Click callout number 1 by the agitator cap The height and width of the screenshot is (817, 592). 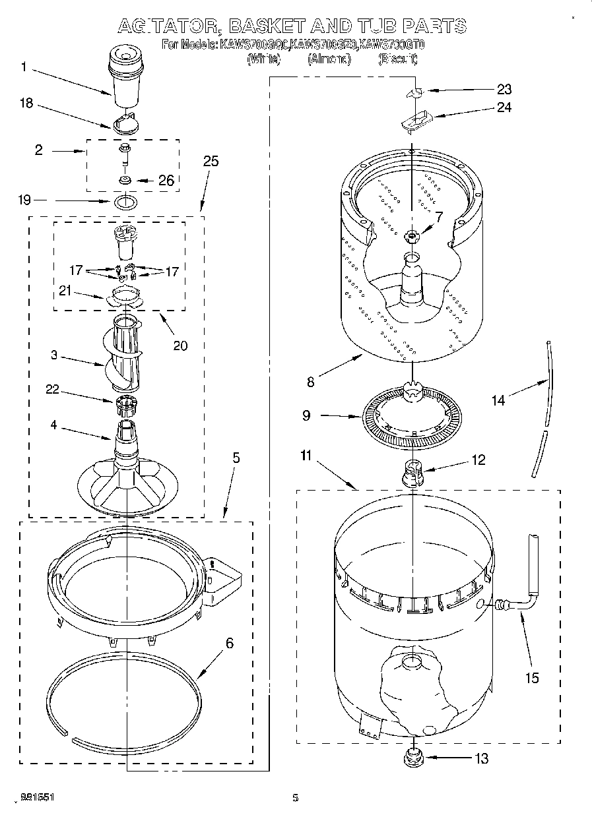(x=24, y=67)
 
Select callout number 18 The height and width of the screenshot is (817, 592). (x=26, y=103)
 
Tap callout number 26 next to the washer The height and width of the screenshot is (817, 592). (x=166, y=180)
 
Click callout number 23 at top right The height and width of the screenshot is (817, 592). (x=504, y=90)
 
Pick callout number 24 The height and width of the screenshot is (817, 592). (x=504, y=107)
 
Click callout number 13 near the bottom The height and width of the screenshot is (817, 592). (x=481, y=758)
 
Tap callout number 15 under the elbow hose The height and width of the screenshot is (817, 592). (x=532, y=677)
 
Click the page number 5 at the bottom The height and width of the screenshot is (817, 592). (x=296, y=798)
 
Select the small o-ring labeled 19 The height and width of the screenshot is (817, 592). (x=125, y=200)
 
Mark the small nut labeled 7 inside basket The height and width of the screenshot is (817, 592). (x=412, y=235)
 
